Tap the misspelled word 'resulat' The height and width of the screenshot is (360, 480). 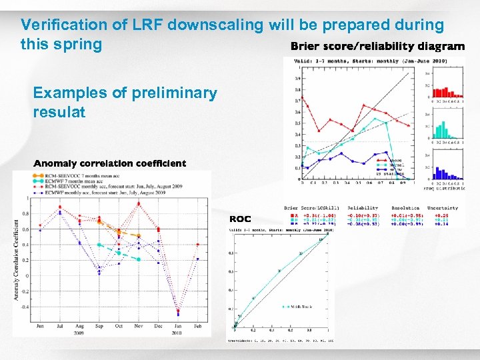59,112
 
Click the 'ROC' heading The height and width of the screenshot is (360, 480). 240,219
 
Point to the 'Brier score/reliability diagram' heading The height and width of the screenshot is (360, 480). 377,47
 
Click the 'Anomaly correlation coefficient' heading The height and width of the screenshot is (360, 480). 110,163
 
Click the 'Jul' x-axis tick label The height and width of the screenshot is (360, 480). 61,325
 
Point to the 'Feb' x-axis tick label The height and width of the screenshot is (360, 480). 198,325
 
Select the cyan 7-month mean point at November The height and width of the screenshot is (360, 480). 139,259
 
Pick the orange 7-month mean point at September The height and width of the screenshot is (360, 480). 99,222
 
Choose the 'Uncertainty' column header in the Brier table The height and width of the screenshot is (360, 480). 443,208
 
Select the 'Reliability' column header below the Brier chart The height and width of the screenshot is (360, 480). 362,208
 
